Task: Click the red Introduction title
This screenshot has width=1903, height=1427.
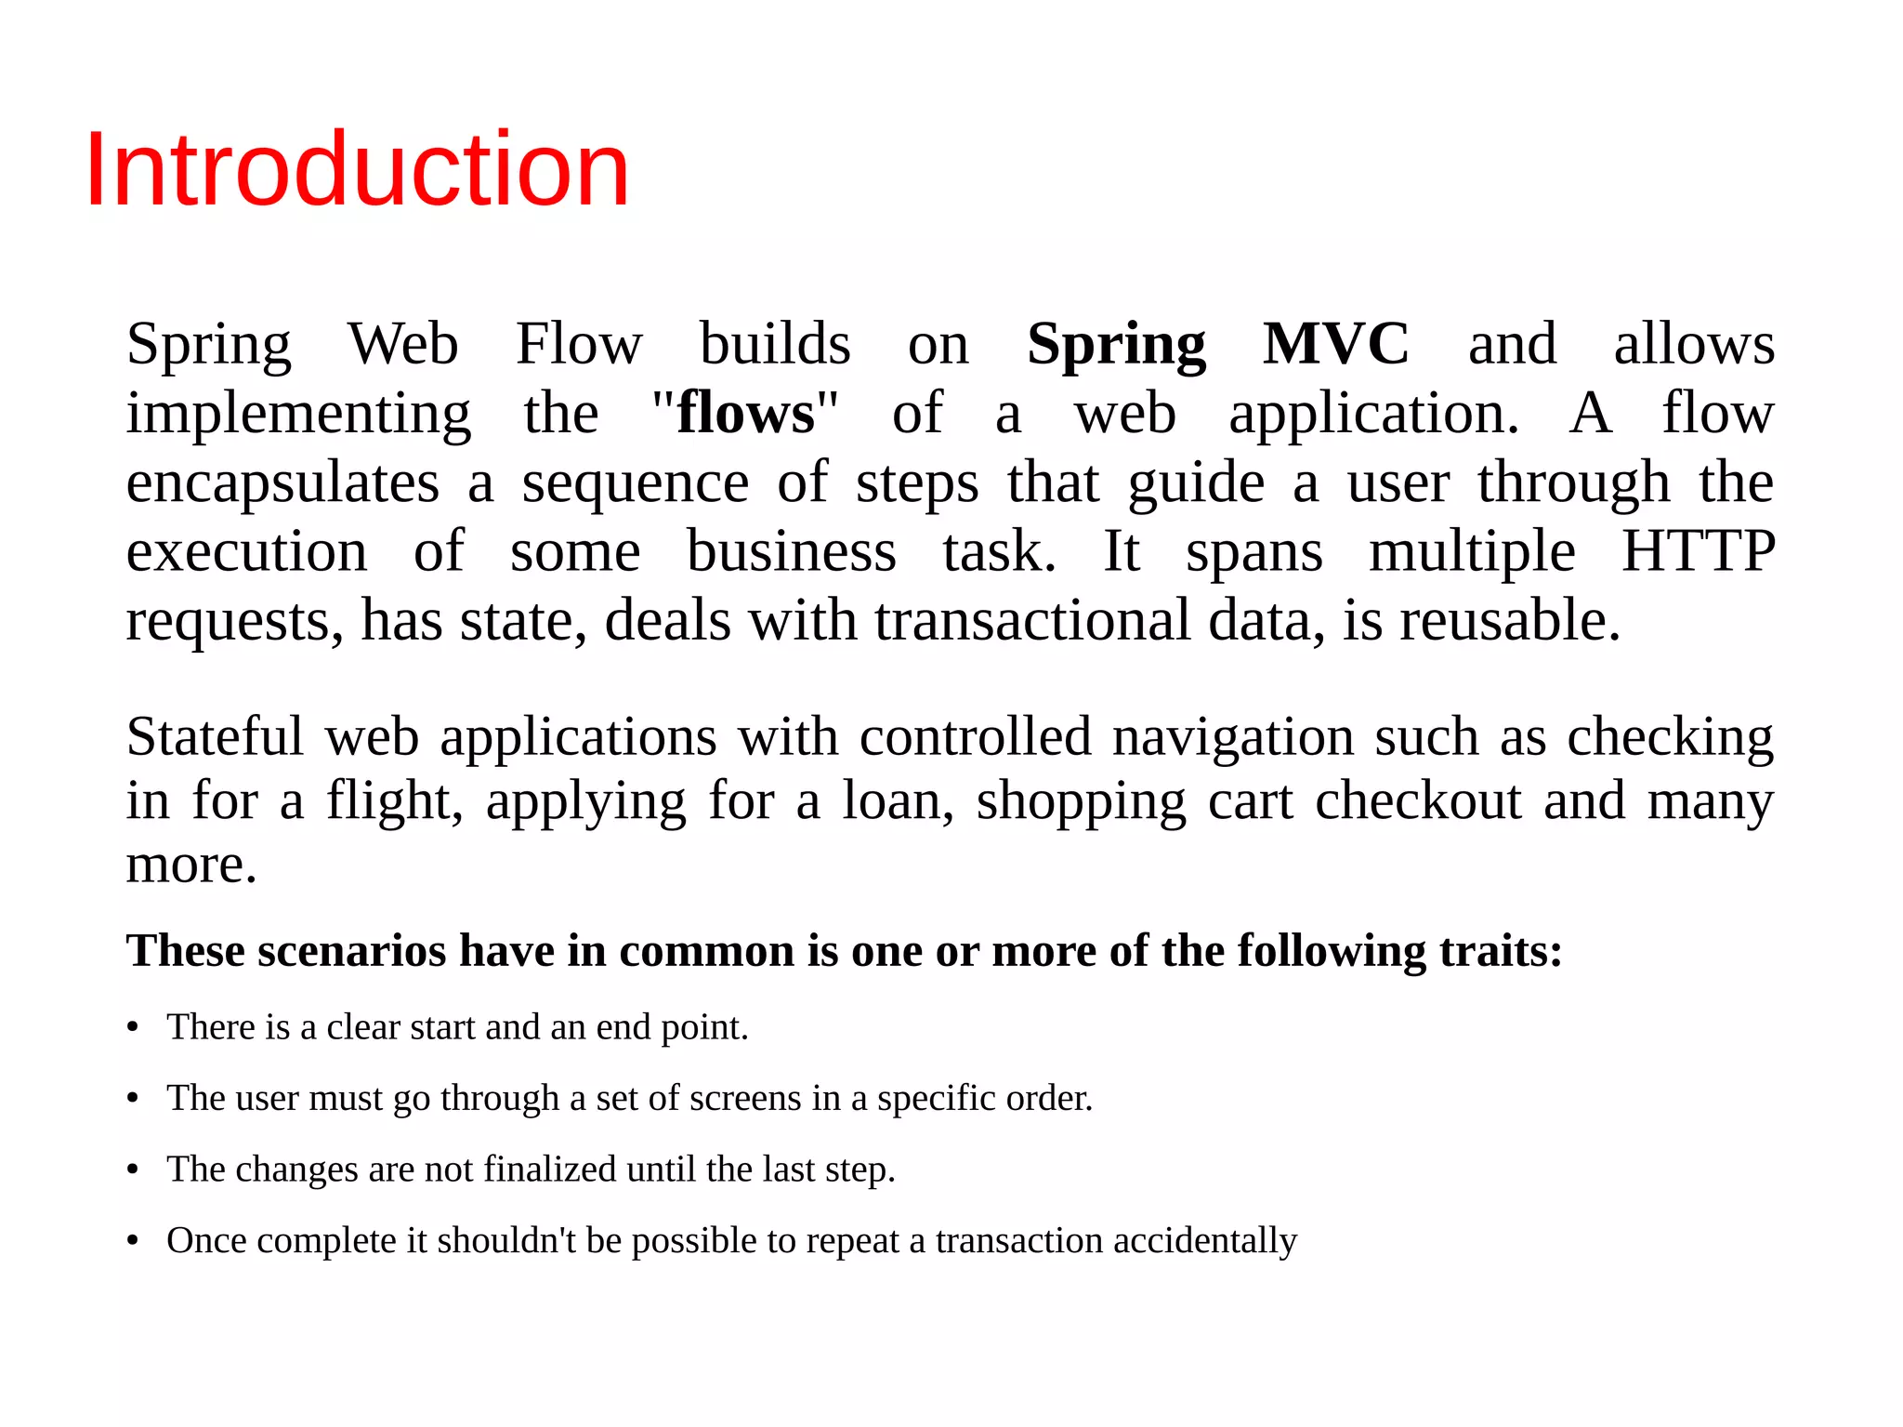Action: pyautogui.click(x=357, y=169)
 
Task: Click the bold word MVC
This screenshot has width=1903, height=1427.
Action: pyautogui.click(x=1335, y=344)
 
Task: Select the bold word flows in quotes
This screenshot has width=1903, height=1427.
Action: pyautogui.click(x=745, y=413)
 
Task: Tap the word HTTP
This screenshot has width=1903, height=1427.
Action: pyautogui.click(x=1698, y=551)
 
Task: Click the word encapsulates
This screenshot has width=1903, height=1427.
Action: pyautogui.click(x=282, y=483)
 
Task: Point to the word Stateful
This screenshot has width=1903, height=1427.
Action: pyautogui.click(x=215, y=736)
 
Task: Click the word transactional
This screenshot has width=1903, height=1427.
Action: pyautogui.click(x=1031, y=620)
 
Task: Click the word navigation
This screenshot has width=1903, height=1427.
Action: pyautogui.click(x=1232, y=736)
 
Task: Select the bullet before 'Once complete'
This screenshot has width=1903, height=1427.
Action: pyautogui.click(x=133, y=1242)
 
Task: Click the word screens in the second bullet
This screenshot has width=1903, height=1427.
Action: pyautogui.click(x=745, y=1099)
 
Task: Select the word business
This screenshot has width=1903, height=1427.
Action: pyautogui.click(x=791, y=551)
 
